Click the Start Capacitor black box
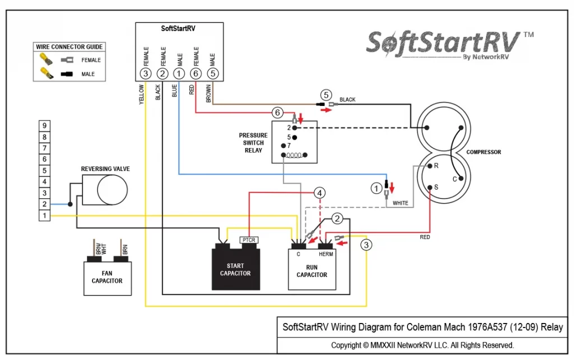[x=236, y=269]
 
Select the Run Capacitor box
[x=312, y=270]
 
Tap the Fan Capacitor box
[x=107, y=278]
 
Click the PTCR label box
[x=248, y=240]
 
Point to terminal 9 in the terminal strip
[x=44, y=126]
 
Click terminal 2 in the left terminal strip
[x=44, y=204]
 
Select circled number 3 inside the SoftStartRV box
[x=146, y=73]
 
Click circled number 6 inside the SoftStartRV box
[x=196, y=73]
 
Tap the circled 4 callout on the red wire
[x=320, y=193]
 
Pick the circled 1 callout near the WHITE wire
[x=376, y=188]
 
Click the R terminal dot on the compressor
[x=430, y=166]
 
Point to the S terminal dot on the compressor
[x=430, y=187]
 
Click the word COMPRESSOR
[x=484, y=152]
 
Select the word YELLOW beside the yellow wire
[x=141, y=95]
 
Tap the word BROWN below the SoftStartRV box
[x=209, y=94]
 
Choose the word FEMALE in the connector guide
[x=91, y=60]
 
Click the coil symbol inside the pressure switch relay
[x=294, y=155]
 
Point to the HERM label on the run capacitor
[x=326, y=254]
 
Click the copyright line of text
[x=423, y=345]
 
